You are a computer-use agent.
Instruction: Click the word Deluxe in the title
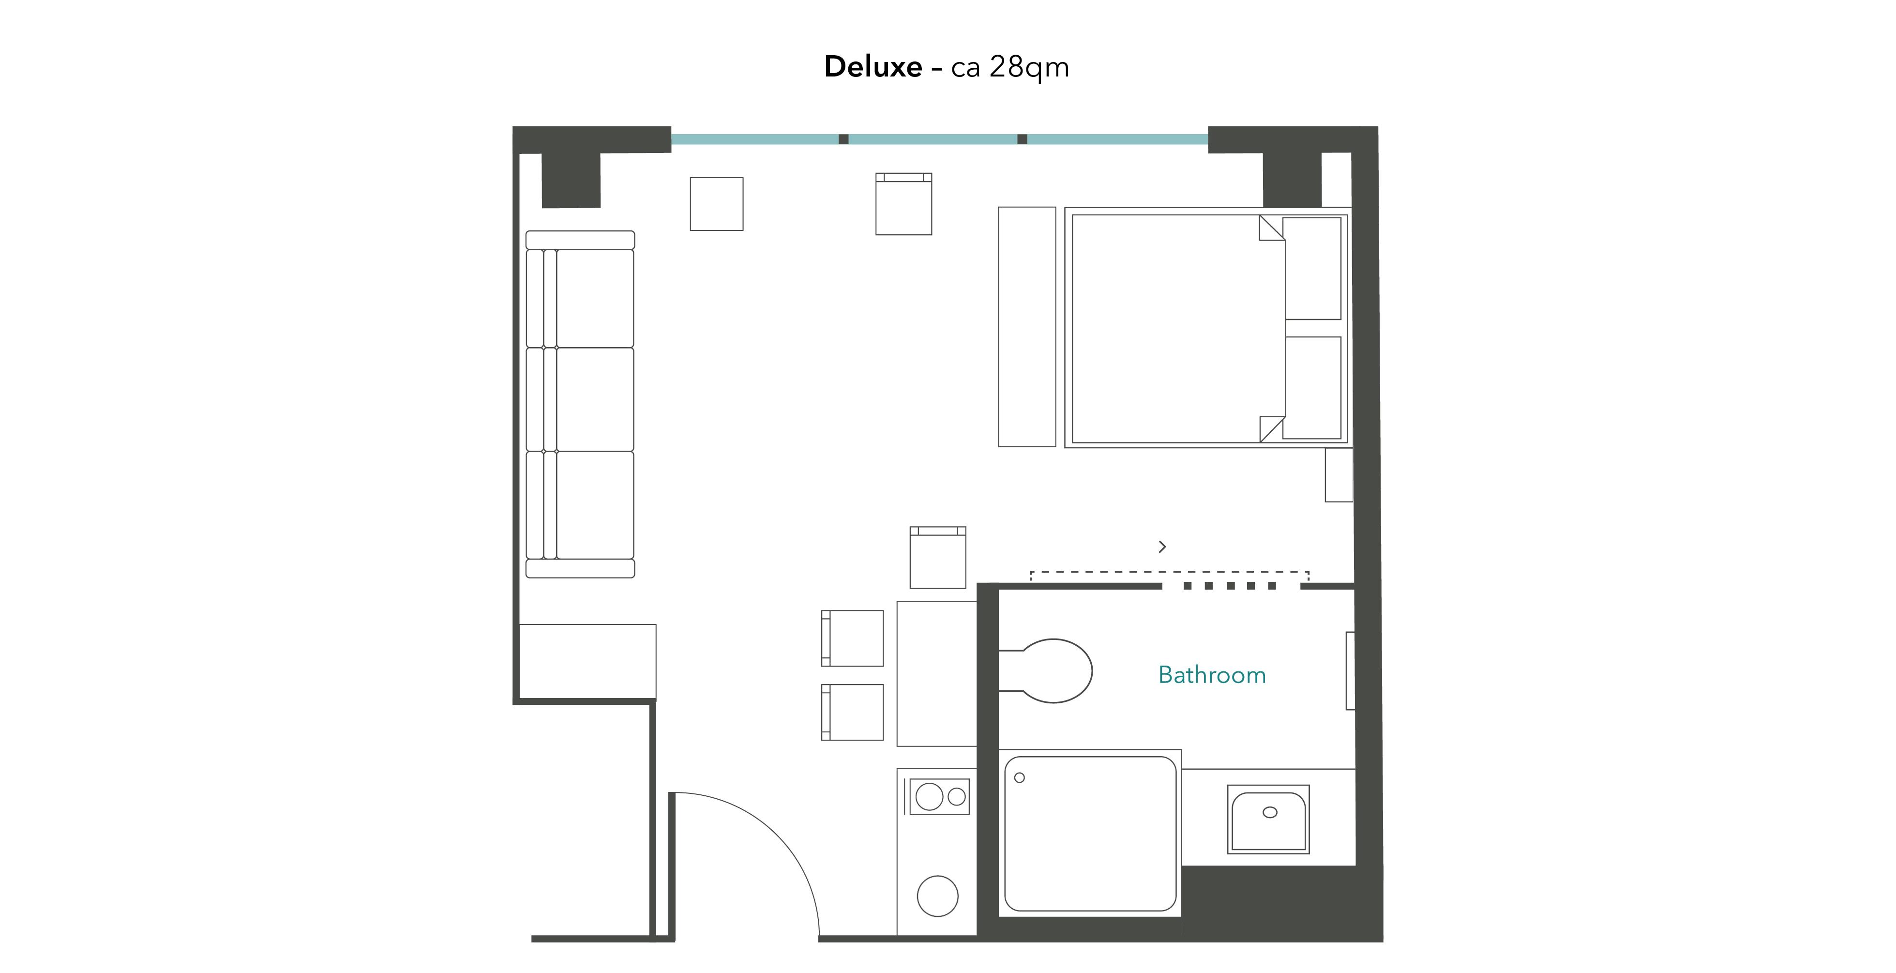872,67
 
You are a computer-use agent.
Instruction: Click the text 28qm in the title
1028,67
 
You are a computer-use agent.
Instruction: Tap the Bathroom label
1212,675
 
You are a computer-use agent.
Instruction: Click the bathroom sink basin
1268,819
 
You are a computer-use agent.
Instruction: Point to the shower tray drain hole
1020,778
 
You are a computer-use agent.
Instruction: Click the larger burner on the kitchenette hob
929,796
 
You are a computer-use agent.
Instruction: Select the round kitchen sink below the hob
937,896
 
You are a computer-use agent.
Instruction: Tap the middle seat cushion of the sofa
594,399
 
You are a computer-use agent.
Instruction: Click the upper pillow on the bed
1311,268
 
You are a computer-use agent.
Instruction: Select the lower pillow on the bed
1311,387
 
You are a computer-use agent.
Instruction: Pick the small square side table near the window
716,204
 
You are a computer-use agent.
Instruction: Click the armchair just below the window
903,205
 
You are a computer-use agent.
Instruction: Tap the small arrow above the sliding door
1162,547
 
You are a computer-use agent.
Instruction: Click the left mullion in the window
843,139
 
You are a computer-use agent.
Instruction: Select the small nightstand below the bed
1338,475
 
